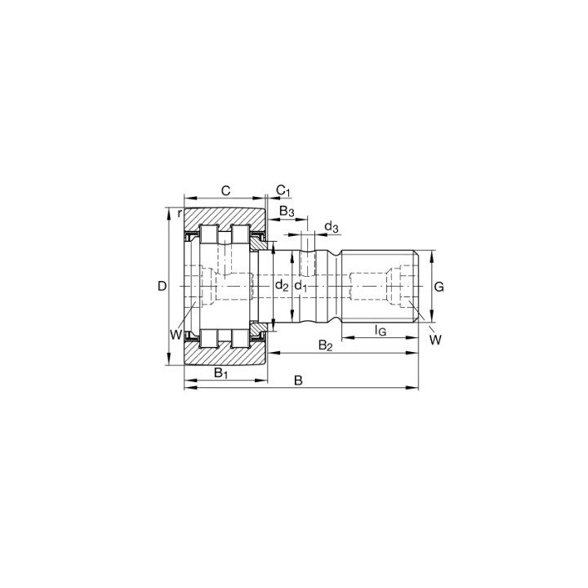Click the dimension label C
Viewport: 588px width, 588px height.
point(225,191)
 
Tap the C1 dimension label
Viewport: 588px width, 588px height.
point(283,191)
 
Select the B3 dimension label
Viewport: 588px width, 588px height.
point(287,212)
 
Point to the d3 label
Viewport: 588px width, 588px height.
point(332,227)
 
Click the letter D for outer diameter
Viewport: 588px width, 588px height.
point(162,287)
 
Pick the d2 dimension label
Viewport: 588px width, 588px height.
point(282,286)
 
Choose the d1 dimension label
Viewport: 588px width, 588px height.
point(301,286)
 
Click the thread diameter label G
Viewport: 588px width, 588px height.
point(439,287)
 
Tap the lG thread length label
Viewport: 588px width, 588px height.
point(381,331)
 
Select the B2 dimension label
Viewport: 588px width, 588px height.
point(325,345)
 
